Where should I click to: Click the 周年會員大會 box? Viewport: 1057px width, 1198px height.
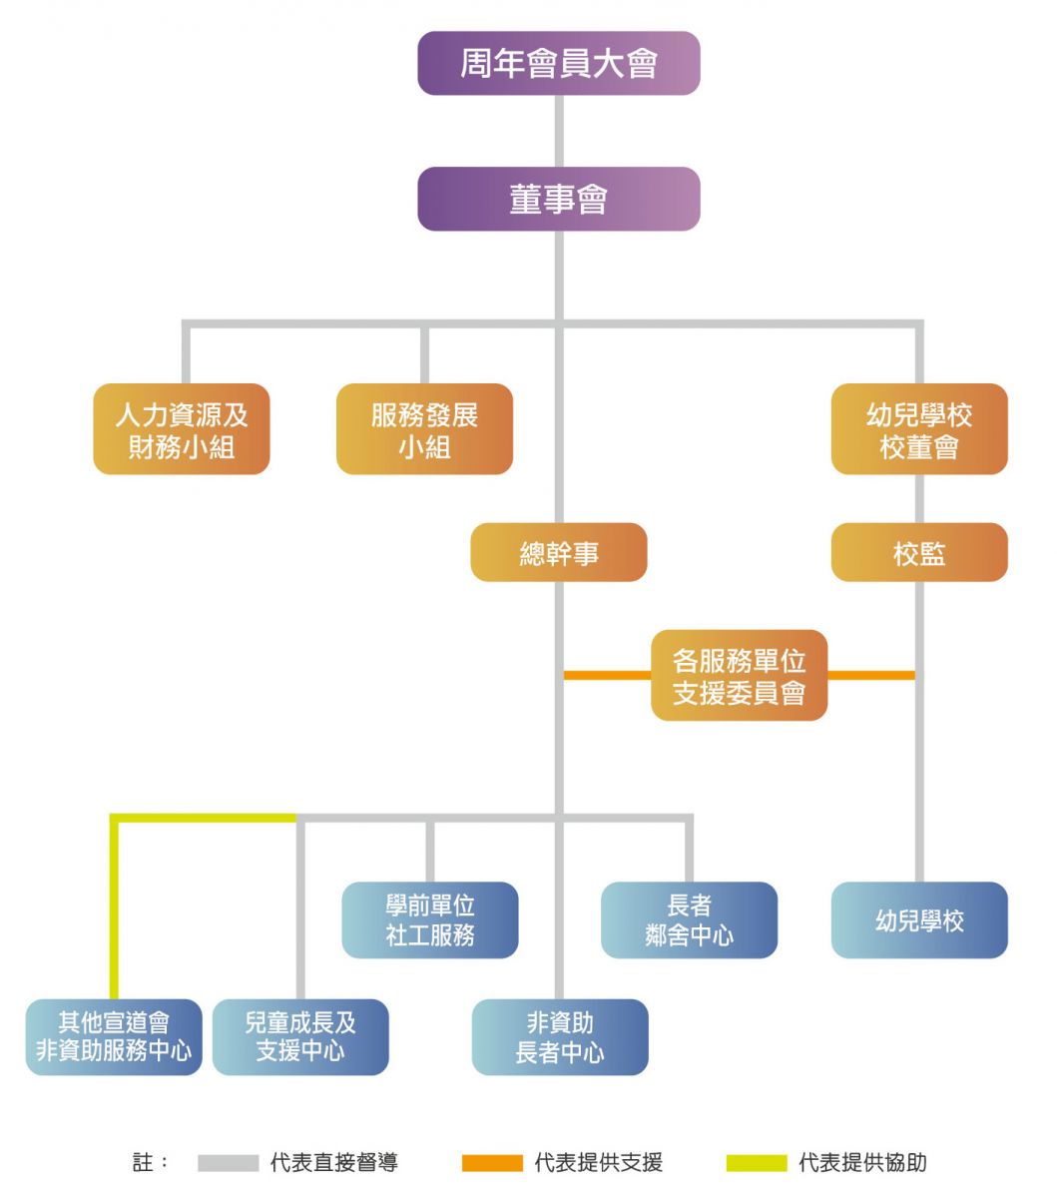coord(558,64)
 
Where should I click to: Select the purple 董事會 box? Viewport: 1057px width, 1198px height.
coord(558,200)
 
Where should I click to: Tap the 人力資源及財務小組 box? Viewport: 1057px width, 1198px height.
coord(182,429)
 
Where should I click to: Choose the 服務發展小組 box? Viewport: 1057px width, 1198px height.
coord(424,429)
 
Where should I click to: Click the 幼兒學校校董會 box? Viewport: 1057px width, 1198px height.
coord(919,429)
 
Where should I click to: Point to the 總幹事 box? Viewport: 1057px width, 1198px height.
coord(558,552)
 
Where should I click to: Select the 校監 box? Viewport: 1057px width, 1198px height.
coord(919,552)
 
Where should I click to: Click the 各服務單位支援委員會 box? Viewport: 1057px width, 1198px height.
coord(739,675)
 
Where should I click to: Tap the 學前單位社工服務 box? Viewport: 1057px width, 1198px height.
coord(430,919)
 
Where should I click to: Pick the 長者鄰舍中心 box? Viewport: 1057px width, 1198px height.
coord(689,919)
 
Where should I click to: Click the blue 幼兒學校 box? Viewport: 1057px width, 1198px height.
coord(919,919)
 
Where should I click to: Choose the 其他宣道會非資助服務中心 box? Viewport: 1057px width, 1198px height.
coord(114,1036)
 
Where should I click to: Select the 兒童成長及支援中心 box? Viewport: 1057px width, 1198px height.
coord(300,1036)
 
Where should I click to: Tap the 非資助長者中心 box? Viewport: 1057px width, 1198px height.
coord(560,1036)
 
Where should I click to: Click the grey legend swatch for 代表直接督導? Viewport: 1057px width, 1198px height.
coord(228,1163)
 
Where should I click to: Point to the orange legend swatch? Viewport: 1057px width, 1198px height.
coord(492,1163)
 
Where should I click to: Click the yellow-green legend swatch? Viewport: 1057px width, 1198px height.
coord(756,1163)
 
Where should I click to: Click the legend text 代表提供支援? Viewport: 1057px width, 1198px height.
coord(599,1163)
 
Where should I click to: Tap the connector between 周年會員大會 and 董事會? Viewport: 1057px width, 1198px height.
coord(558,131)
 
